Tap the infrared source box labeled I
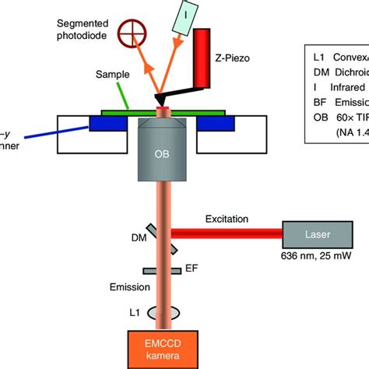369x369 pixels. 188,15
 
